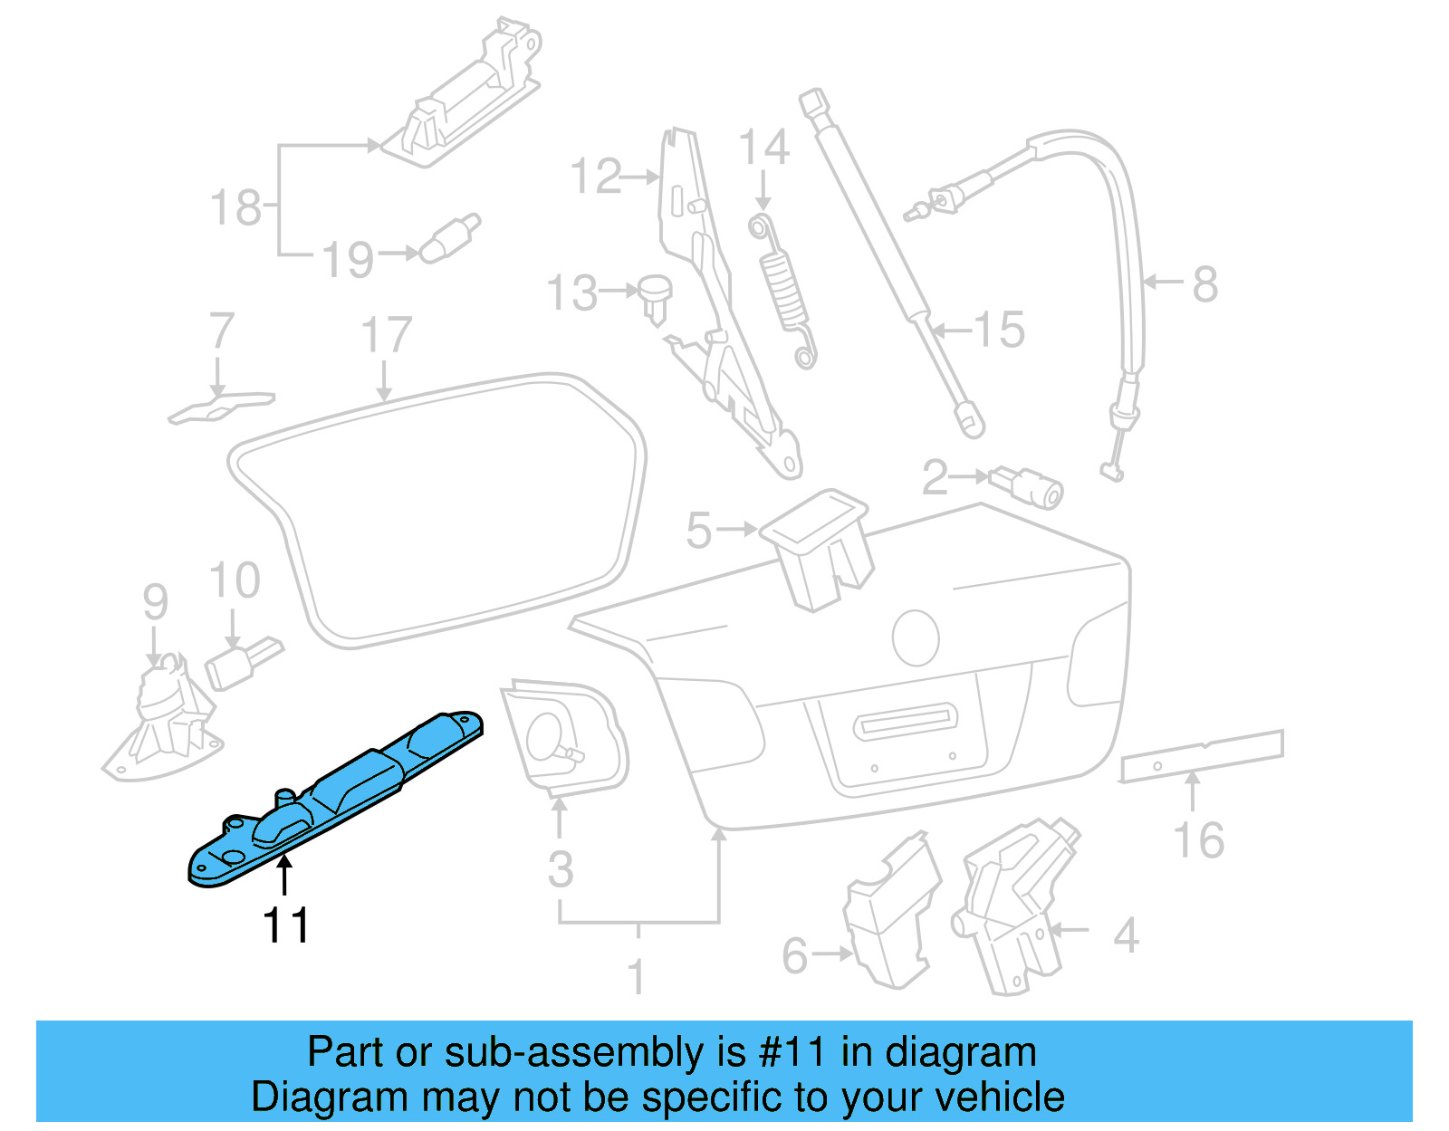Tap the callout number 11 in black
point(285,925)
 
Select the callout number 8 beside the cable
point(1204,284)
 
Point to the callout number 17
point(387,335)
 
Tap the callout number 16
point(1199,840)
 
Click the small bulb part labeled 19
point(449,238)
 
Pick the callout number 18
point(235,207)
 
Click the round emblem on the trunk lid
point(916,637)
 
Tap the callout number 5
point(698,531)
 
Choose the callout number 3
point(561,869)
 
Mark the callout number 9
point(156,601)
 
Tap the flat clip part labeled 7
point(220,406)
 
